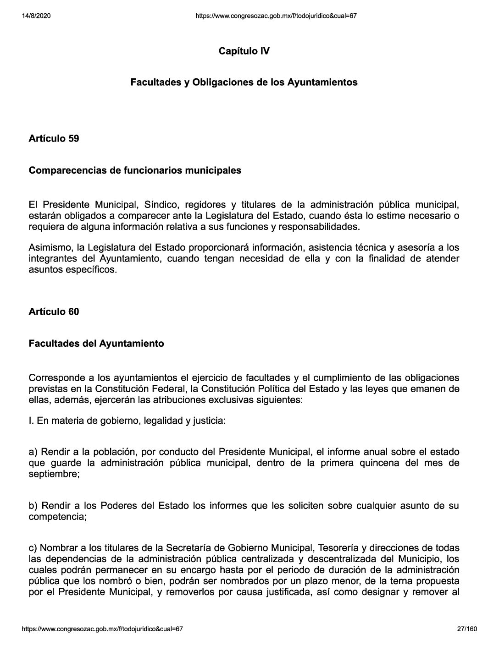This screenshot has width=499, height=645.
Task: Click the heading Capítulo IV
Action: pos(244,51)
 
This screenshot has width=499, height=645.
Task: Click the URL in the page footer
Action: pos(102,629)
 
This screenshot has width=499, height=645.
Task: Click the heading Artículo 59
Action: pos(54,138)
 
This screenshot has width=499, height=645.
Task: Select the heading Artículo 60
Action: pos(54,312)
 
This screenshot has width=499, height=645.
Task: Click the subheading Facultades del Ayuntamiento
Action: pos(96,343)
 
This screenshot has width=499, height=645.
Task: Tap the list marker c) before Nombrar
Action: pos(33,548)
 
